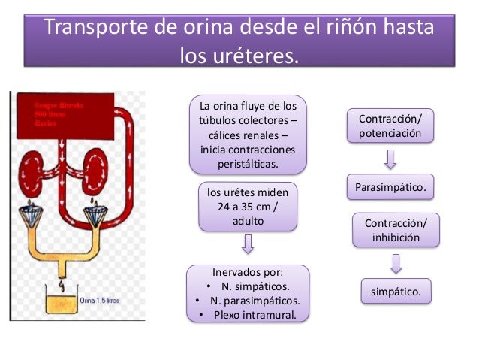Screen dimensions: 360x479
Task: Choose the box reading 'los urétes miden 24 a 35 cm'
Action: (x=247, y=206)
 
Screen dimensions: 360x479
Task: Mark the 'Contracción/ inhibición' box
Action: (x=396, y=231)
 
